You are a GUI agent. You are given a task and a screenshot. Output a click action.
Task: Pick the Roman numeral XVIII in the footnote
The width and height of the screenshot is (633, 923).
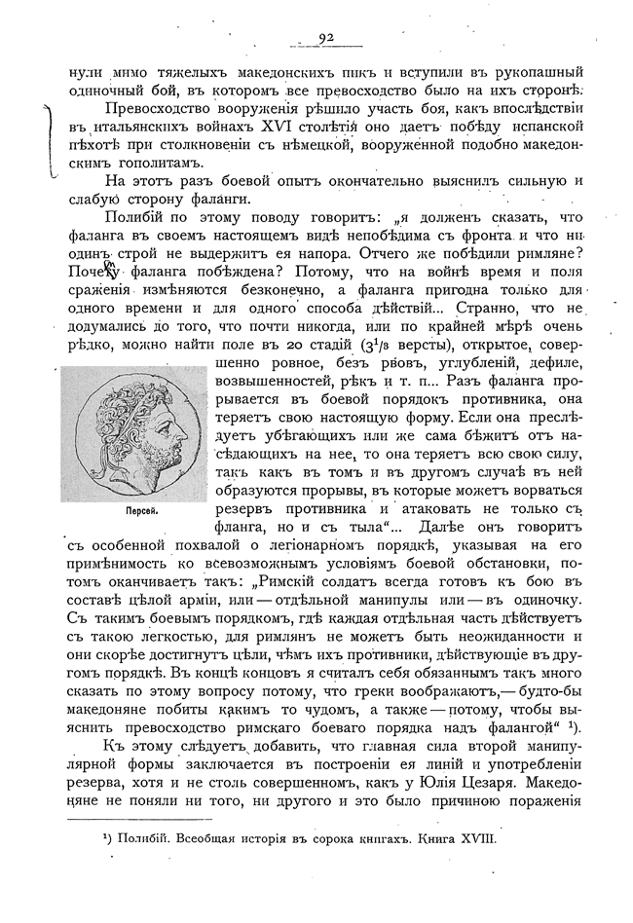[x=477, y=839]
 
